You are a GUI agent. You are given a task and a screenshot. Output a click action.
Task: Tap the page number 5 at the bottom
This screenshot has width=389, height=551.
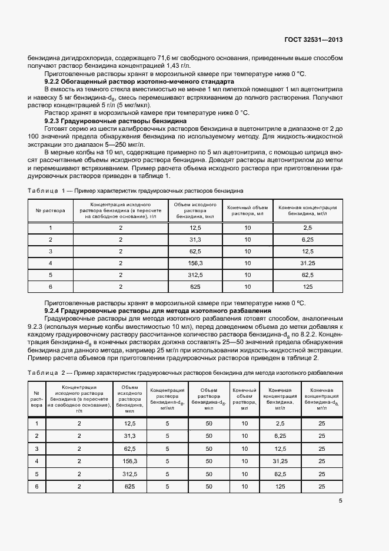click(341, 501)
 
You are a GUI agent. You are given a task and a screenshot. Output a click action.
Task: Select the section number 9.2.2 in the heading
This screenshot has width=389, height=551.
click(54, 82)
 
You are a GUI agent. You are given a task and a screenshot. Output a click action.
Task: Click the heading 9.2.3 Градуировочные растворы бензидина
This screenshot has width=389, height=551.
click(115, 120)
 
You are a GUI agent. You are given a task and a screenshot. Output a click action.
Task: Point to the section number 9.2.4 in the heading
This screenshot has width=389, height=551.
click(54, 311)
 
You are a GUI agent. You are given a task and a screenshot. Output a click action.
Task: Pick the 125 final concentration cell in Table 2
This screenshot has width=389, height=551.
click(280, 486)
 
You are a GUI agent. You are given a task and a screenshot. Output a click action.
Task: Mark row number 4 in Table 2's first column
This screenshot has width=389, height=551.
click(37, 461)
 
